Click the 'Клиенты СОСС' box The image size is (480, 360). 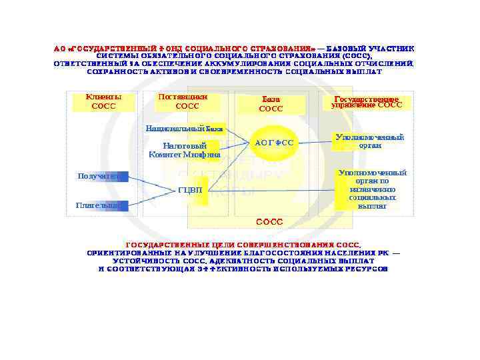tap(103, 101)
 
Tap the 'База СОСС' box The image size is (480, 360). tap(271, 104)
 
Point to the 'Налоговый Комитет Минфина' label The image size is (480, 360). tap(185, 150)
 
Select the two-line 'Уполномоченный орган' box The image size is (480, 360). tap(369, 141)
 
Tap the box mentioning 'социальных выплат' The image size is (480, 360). tap(372, 189)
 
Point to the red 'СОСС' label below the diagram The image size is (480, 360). tap(270, 221)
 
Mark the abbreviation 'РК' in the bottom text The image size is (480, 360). tap(382, 253)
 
